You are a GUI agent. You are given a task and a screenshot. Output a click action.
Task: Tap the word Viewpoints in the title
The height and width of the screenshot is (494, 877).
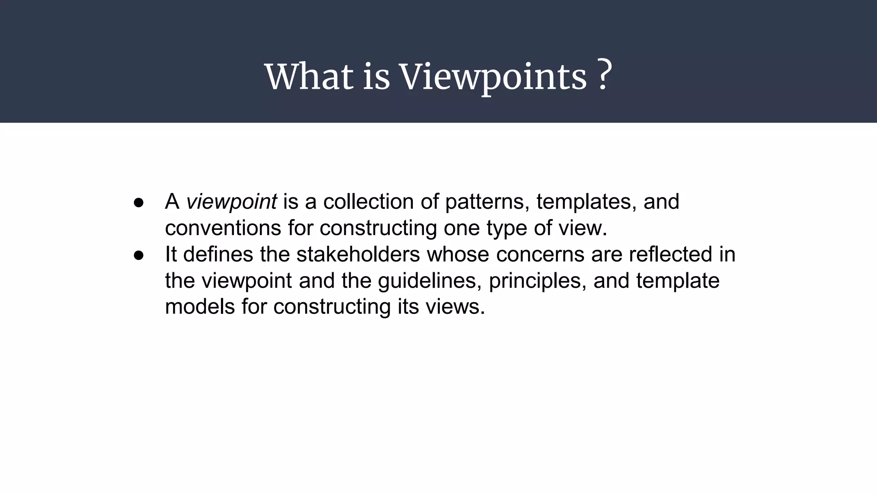pyautogui.click(x=492, y=77)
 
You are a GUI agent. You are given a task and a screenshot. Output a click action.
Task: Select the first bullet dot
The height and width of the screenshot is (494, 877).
pyautogui.click(x=138, y=202)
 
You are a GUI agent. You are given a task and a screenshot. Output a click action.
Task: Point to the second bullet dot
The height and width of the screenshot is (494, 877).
pyautogui.click(x=138, y=255)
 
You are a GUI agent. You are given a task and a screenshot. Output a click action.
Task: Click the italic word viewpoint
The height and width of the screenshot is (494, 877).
pyautogui.click(x=231, y=202)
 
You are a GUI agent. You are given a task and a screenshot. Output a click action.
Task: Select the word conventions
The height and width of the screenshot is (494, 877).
pyautogui.click(x=223, y=228)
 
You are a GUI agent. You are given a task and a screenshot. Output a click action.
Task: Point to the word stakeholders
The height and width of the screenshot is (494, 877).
pyautogui.click(x=358, y=254)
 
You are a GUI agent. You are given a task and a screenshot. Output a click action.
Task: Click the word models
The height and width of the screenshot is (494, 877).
pyautogui.click(x=200, y=307)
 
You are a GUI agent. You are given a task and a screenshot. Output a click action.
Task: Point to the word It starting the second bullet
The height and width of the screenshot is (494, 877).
pyautogui.click(x=171, y=254)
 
